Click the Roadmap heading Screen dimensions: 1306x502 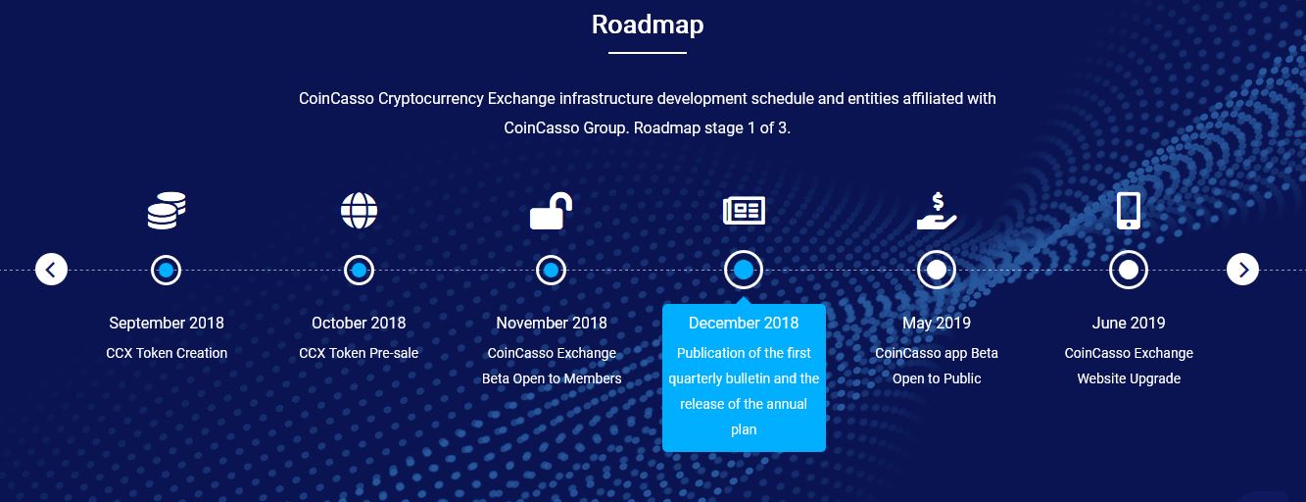click(x=648, y=25)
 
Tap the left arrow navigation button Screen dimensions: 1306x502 click(x=51, y=270)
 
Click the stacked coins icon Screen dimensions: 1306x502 click(x=167, y=210)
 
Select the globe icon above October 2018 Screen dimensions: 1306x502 click(x=360, y=210)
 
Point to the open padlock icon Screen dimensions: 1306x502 click(x=551, y=211)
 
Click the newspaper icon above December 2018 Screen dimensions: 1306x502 click(x=744, y=210)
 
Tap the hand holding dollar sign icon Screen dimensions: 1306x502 click(x=937, y=211)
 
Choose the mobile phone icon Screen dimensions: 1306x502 click(x=1129, y=210)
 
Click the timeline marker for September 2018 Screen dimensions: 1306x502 click(x=167, y=271)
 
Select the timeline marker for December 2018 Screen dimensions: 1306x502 click(x=744, y=270)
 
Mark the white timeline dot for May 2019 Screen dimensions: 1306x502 click(x=937, y=270)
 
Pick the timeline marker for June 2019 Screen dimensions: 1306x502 click(x=1129, y=270)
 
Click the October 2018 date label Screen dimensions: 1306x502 click(x=359, y=323)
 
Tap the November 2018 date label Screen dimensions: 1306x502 click(x=552, y=323)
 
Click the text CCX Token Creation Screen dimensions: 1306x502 click(x=167, y=353)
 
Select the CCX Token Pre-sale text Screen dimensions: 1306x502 click(x=359, y=353)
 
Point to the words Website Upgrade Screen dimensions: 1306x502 click(x=1129, y=378)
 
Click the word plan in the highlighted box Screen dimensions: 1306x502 click(x=744, y=430)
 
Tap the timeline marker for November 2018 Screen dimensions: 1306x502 click(x=551, y=271)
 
